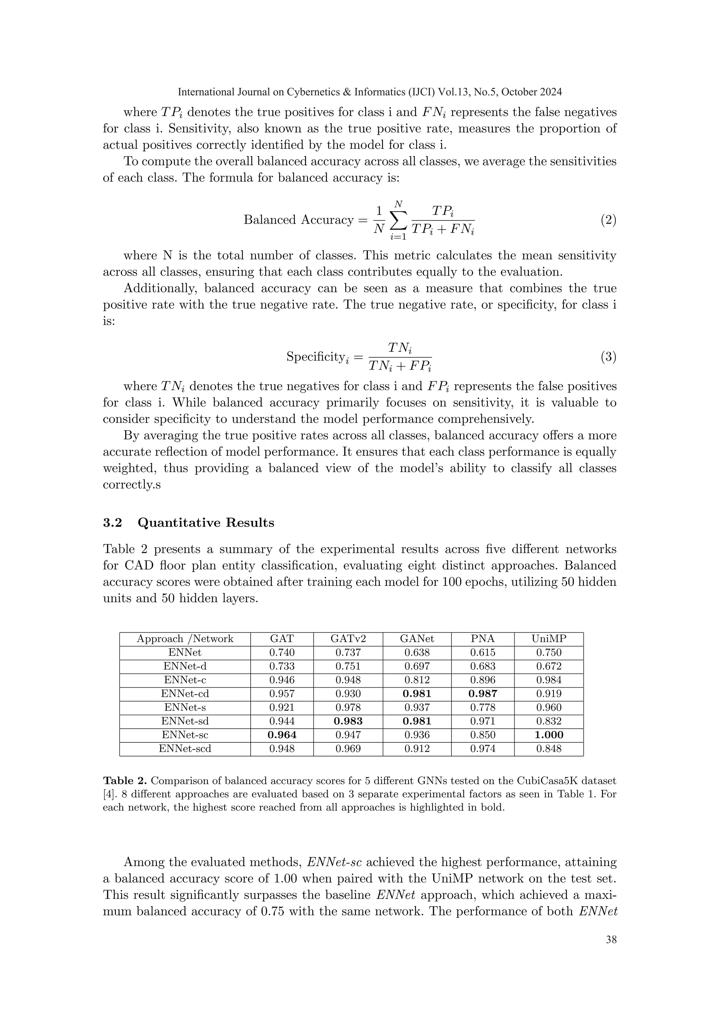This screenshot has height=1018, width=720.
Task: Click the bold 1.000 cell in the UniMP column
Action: click(548, 735)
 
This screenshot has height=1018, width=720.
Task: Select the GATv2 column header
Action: click(348, 639)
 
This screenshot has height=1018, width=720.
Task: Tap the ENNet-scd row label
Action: click(185, 748)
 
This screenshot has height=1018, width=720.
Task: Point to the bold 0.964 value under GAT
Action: click(282, 735)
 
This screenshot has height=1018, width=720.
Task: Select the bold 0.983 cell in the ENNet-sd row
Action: click(348, 721)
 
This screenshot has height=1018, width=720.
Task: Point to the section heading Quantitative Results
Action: click(206, 523)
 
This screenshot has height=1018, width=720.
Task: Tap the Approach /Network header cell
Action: click(185, 639)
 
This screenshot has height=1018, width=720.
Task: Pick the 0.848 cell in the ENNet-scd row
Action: click(548, 748)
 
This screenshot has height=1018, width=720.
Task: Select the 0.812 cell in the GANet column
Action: click(417, 680)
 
